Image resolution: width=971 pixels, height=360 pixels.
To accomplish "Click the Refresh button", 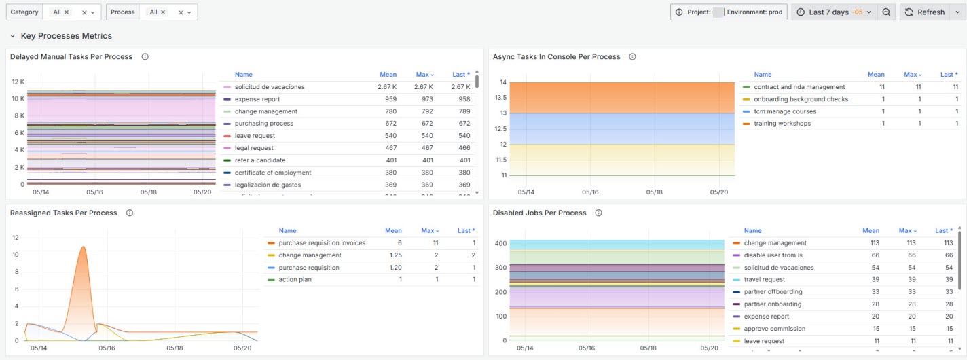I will [925, 12].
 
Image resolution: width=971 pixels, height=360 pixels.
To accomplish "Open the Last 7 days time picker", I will [834, 12].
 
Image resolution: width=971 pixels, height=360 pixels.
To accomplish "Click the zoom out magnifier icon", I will [886, 12].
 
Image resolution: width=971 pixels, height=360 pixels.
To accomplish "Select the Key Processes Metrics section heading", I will [66, 36].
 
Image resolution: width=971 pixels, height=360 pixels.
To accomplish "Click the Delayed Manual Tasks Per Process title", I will [71, 57].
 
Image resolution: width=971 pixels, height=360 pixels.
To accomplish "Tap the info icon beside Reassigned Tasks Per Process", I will [130, 213].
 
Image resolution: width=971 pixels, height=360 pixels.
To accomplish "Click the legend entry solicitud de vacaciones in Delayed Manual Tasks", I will [270, 87].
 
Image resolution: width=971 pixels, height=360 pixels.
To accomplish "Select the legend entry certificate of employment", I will [273, 173].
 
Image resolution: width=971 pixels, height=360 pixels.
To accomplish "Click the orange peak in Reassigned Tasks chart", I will [83, 247].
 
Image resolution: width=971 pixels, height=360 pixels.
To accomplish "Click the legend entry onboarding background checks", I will [801, 99].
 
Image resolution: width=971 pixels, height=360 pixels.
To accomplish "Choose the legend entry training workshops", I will [782, 124].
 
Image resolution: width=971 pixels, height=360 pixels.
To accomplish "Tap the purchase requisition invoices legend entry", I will [322, 243].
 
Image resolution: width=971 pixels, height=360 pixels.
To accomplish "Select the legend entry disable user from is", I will [773, 255].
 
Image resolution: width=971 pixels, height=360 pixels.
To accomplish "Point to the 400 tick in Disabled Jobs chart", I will [500, 243].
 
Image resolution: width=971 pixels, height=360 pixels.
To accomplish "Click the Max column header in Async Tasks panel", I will [913, 75].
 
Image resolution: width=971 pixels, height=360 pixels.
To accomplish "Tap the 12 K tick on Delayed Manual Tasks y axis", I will [18, 82].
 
